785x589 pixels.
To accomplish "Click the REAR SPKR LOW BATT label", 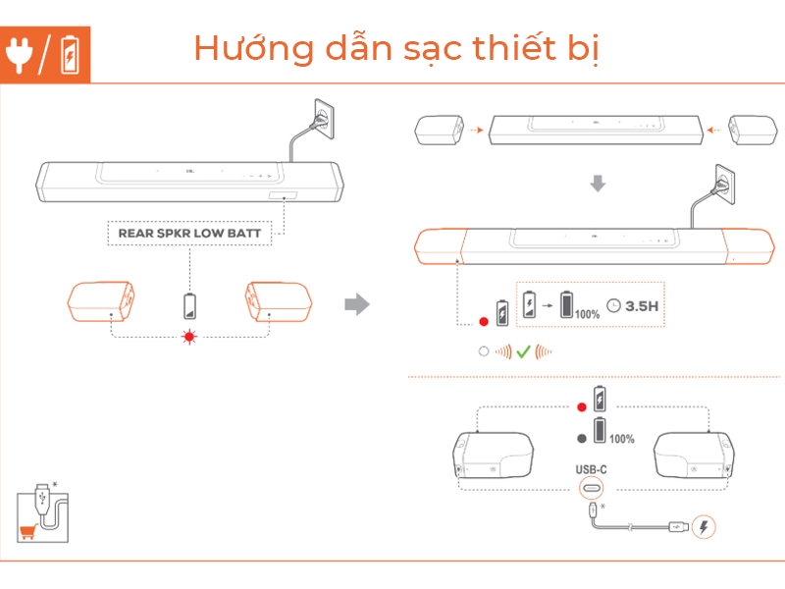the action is click(x=189, y=234).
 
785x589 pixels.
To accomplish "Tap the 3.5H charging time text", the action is click(x=642, y=306).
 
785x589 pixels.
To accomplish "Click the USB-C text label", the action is click(x=592, y=470).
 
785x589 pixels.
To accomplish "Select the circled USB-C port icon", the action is click(x=592, y=488).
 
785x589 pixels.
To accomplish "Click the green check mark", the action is click(x=523, y=352).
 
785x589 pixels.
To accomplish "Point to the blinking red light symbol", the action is click(x=189, y=337).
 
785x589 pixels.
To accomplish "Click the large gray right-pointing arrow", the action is click(x=357, y=304).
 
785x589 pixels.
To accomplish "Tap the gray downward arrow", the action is click(x=598, y=184).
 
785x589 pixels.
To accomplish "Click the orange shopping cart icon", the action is click(x=27, y=531).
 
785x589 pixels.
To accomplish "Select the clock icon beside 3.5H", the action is click(x=614, y=305).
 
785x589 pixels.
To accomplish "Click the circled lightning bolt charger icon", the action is click(x=704, y=527).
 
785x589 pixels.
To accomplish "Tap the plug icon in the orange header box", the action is click(x=20, y=54).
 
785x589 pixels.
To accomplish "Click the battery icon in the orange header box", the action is click(x=70, y=55).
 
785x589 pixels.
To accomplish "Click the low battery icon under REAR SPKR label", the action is click(x=189, y=306).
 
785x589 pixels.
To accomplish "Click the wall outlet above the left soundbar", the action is click(x=324, y=119).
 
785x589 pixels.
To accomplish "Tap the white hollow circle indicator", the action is click(x=484, y=351).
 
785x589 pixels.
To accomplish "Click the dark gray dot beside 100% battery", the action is click(x=582, y=439).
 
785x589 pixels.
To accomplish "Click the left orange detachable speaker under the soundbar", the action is click(x=101, y=301).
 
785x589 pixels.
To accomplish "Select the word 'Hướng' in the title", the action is click(x=254, y=48).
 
